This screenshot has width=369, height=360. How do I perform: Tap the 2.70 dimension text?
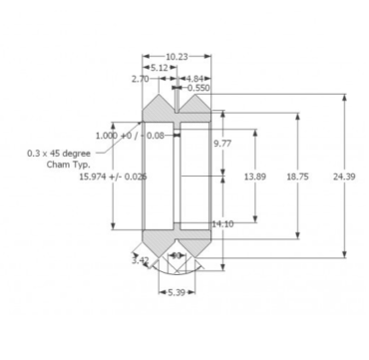click(140, 78)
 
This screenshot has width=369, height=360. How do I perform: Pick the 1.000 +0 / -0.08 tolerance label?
click(130, 135)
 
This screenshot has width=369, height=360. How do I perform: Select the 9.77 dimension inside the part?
click(221, 144)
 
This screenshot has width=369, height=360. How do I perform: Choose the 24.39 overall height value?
click(345, 176)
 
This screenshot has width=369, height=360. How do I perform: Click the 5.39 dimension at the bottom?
click(176, 292)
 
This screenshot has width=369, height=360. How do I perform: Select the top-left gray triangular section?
click(158, 108)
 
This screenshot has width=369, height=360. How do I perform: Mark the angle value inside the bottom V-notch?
click(176, 255)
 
